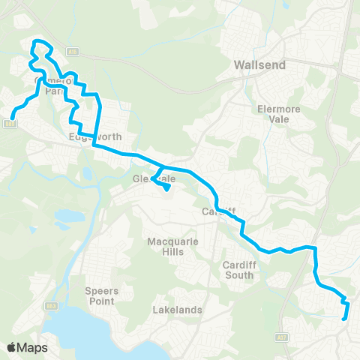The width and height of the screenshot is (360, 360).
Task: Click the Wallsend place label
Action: click(x=260, y=65)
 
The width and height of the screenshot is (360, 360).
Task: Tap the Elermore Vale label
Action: click(x=279, y=112)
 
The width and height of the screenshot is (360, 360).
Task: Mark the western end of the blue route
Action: click(x=12, y=116)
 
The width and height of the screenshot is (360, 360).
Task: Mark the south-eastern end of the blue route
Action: click(x=344, y=319)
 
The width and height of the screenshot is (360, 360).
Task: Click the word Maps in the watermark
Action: click(x=33, y=347)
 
